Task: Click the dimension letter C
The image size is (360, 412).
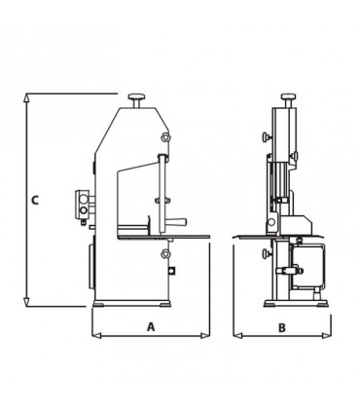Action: [35, 200]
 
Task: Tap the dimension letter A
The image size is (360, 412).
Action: [151, 327]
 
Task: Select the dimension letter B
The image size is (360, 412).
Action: [282, 327]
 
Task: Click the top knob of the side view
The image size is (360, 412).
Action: [137, 97]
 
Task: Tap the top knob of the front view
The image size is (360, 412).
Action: [288, 96]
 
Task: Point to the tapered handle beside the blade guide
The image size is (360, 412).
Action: [176, 222]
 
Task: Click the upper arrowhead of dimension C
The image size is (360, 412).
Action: [27, 98]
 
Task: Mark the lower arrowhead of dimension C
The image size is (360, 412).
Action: [27, 302]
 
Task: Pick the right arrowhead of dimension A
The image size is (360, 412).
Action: [205, 336]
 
